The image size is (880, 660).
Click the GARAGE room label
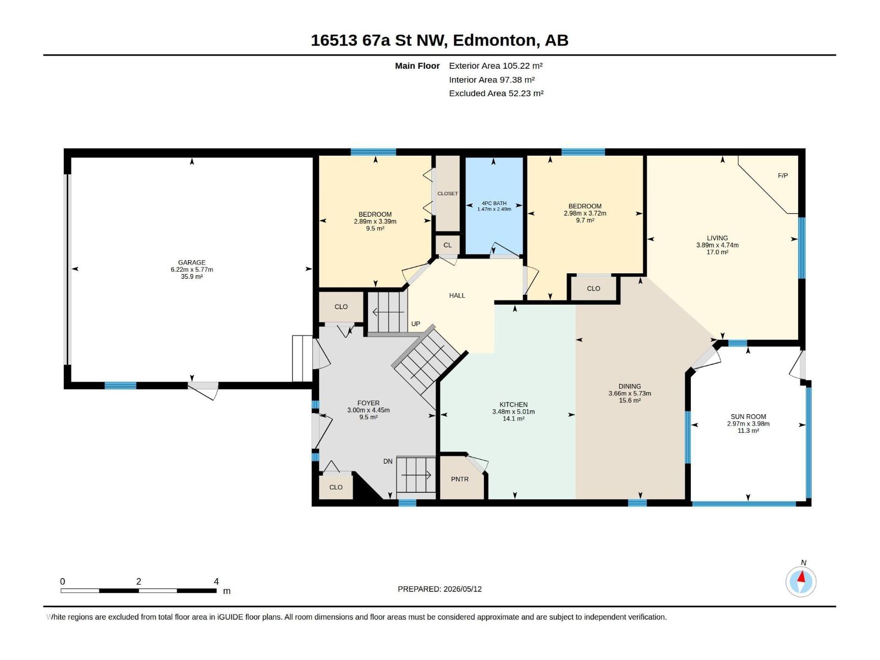[x=191, y=262]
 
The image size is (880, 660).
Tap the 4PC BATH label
[x=494, y=203]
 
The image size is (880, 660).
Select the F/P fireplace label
[x=783, y=175]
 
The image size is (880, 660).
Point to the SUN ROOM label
[x=748, y=416]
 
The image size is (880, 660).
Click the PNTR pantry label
[x=459, y=479]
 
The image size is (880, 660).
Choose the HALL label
[x=457, y=295]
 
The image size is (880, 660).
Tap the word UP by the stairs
[x=416, y=324]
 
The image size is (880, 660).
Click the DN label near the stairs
[x=388, y=461]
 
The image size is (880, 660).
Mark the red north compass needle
[x=801, y=576]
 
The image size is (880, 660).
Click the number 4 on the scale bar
[x=217, y=581]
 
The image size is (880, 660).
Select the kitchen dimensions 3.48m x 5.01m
[x=513, y=411]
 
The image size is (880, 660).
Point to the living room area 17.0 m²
[x=717, y=252]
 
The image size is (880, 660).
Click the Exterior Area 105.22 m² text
[x=496, y=65]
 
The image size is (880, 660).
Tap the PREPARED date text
[x=440, y=589]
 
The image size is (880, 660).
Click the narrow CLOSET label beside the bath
[x=447, y=194]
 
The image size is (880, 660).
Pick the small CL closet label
[x=447, y=245]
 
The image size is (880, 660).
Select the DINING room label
[x=629, y=386]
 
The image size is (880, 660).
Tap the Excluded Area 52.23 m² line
[x=496, y=94]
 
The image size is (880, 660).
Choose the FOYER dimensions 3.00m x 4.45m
[x=368, y=410]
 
